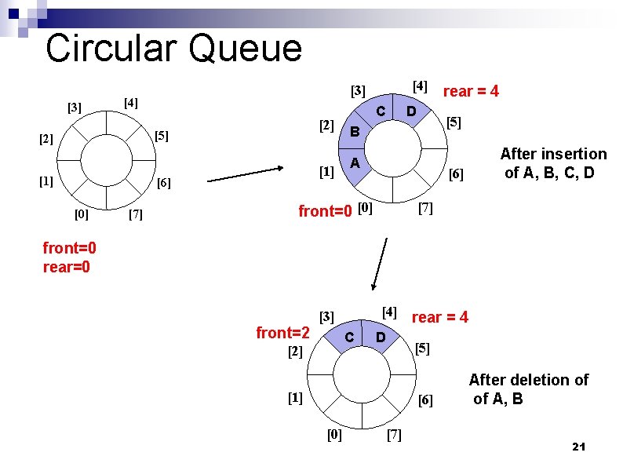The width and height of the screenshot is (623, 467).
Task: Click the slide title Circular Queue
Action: coord(173,49)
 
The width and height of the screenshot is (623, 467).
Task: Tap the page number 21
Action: coord(579,447)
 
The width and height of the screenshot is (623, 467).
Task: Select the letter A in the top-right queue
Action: coord(355,163)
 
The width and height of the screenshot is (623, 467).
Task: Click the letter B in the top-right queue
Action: coord(355,132)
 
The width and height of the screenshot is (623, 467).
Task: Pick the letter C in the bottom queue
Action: coord(350,337)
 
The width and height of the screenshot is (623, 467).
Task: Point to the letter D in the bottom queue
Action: coord(380,337)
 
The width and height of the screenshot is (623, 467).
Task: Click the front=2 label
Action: coord(282,333)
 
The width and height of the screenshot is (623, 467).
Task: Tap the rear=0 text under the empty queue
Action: coord(68,267)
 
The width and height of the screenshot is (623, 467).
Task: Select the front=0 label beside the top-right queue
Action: coord(326,211)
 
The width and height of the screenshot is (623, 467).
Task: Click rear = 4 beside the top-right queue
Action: coord(471,92)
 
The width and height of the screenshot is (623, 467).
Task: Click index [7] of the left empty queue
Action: coord(134,214)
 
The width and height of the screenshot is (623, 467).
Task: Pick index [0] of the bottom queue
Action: coord(333,435)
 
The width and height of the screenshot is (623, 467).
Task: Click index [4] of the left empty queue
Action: coord(130,103)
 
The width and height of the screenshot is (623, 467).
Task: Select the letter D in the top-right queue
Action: coord(409,111)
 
